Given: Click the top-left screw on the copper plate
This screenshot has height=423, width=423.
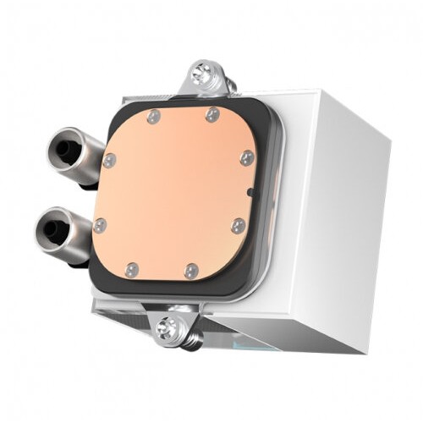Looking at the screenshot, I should [x=152, y=117].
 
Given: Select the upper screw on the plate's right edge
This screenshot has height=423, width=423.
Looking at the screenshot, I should [x=246, y=157].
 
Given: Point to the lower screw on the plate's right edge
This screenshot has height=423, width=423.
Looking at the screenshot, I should [x=239, y=226].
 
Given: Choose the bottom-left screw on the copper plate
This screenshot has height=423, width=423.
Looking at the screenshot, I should [x=130, y=270].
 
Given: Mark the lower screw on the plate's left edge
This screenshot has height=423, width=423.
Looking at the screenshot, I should [x=101, y=225].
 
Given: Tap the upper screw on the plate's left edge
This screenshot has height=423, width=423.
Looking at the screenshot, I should [x=109, y=159].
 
